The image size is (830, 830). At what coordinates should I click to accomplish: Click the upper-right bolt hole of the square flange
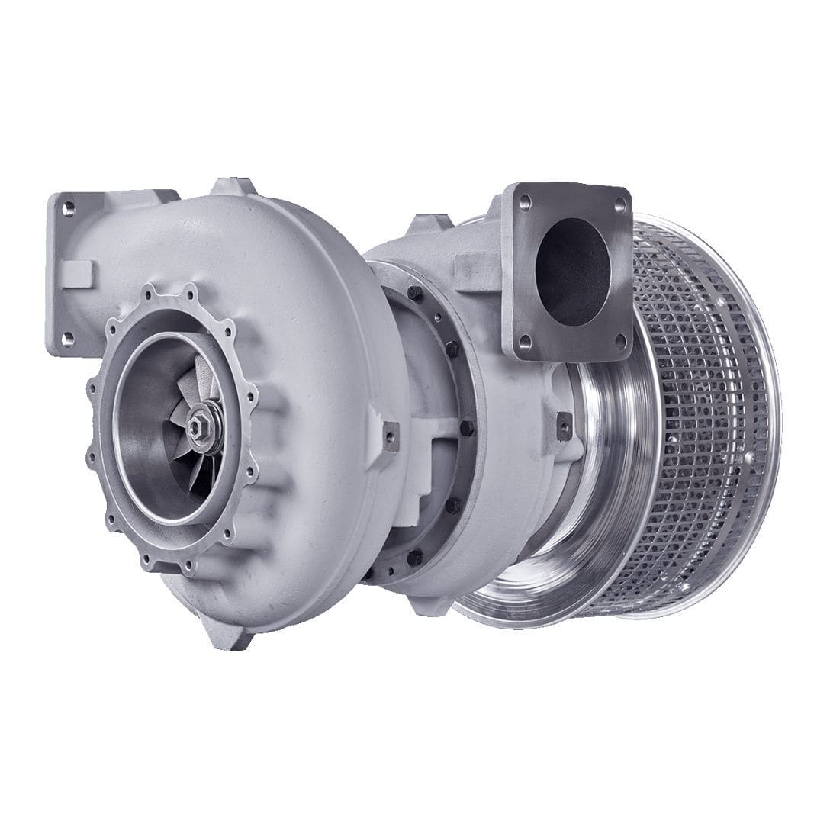[x=619, y=204]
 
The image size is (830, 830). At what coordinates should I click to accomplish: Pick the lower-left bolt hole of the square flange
[x=524, y=341]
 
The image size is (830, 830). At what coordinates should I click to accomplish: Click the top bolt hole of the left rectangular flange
[x=68, y=207]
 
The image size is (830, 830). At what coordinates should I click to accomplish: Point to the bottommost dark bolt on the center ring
[x=415, y=557]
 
